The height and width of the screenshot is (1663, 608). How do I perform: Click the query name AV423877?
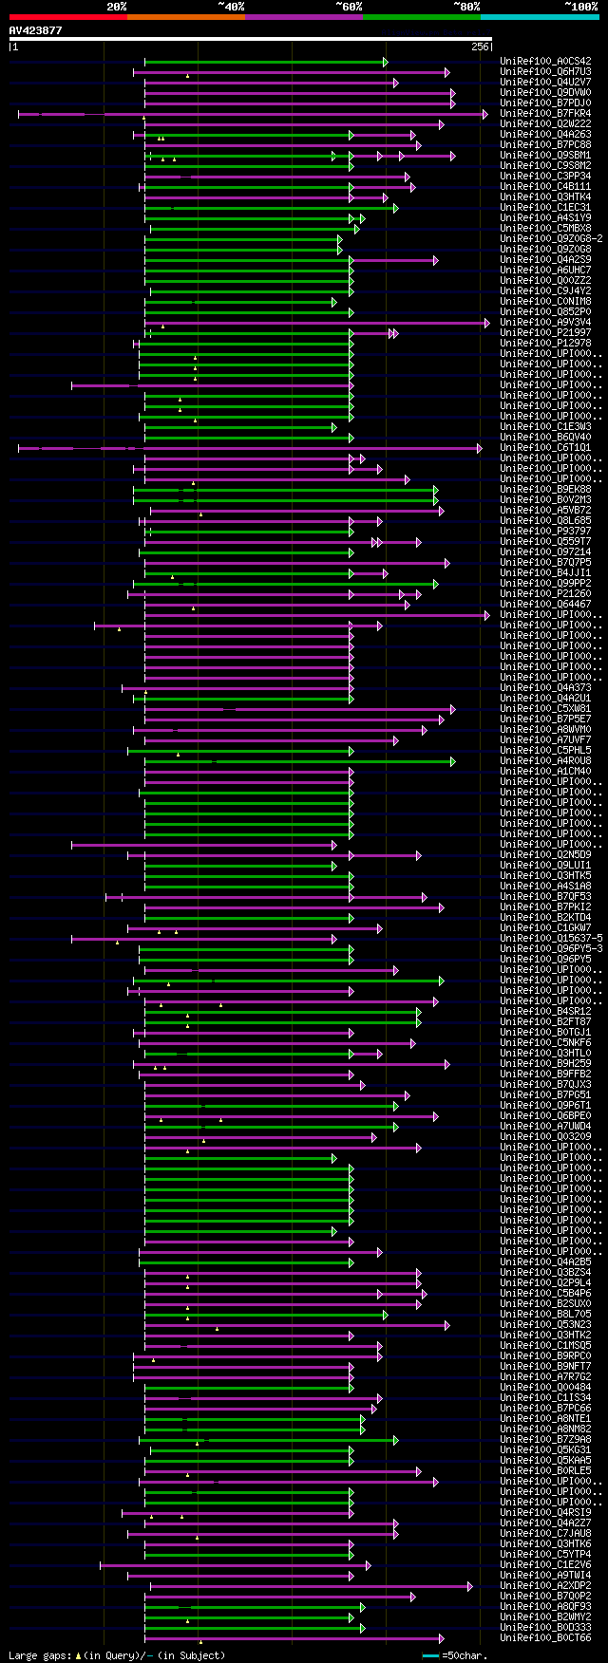click(35, 30)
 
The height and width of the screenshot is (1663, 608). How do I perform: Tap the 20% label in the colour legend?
click(117, 7)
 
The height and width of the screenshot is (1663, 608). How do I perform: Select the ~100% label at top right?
click(580, 7)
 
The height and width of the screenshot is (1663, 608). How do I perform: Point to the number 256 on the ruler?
click(480, 47)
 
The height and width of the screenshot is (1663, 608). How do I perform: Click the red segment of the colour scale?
click(67, 17)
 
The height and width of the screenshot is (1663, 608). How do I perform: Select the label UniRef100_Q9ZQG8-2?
click(551, 239)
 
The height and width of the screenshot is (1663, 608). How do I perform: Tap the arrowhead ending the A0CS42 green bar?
click(385, 62)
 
